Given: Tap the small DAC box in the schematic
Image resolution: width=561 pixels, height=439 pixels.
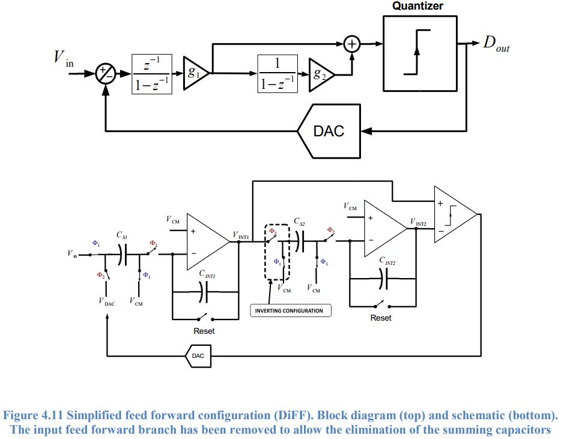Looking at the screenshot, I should coord(198,356).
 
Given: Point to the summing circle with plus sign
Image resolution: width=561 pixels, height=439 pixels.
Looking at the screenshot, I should coord(351,44).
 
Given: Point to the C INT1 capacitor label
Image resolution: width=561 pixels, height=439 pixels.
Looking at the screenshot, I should coord(208,273).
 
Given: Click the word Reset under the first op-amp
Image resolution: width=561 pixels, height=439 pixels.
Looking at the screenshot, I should coord(204,331).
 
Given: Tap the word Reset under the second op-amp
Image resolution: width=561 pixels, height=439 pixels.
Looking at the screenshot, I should coord(381,318).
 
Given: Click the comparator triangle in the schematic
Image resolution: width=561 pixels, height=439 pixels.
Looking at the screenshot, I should coord(453,214).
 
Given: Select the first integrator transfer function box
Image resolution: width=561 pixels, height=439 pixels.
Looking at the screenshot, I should coord(153,74).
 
